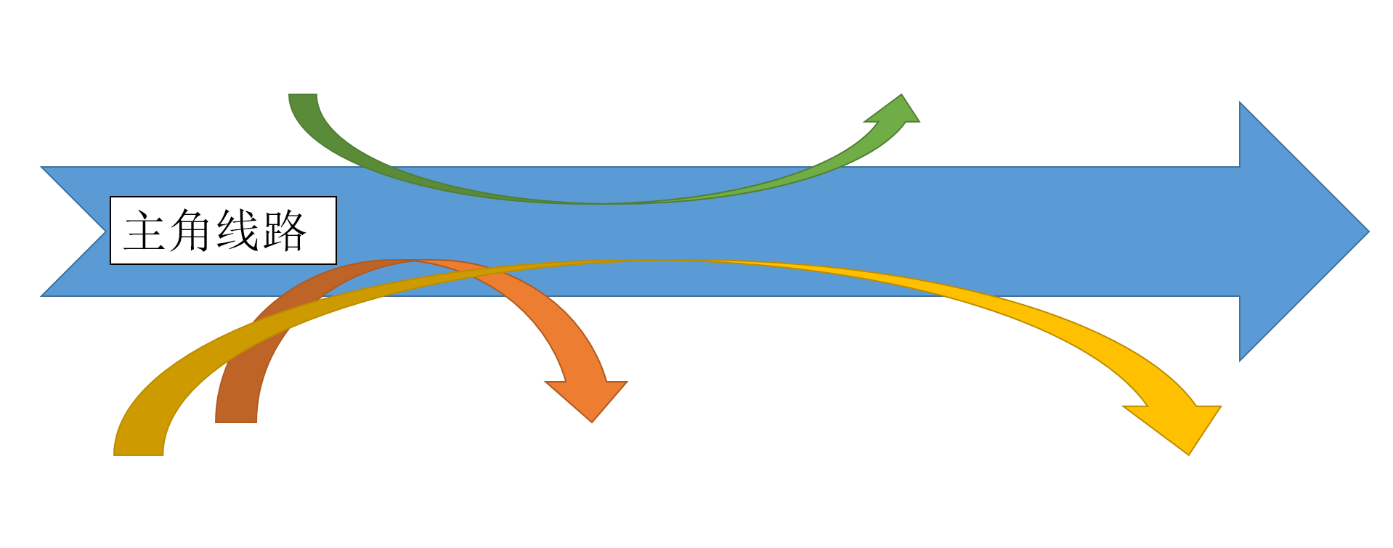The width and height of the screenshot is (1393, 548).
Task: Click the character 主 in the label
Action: tap(145, 231)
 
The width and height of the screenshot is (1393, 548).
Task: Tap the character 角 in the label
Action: tap(191, 231)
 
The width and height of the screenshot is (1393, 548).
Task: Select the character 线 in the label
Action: tap(237, 231)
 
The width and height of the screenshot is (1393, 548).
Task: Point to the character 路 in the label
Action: tap(285, 231)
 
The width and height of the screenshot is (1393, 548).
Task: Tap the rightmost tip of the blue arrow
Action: tap(1368, 232)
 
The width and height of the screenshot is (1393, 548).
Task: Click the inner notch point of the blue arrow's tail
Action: tap(105, 232)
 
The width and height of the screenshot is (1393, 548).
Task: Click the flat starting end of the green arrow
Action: tap(303, 95)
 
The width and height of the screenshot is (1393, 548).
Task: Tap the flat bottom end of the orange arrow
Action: tap(236, 421)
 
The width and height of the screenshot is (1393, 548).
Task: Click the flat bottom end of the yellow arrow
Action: tap(138, 454)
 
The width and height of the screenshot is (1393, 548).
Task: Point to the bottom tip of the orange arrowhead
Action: tap(592, 422)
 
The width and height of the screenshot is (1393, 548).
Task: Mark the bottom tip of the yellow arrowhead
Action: tap(1188, 454)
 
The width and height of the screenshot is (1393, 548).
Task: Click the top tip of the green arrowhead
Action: tap(901, 94)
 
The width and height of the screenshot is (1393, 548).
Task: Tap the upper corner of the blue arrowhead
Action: tap(1240, 102)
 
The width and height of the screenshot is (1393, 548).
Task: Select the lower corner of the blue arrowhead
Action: tap(1240, 360)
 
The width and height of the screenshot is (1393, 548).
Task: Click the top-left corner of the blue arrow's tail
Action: tap(41, 168)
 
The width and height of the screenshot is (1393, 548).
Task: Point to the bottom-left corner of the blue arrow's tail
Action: tap(41, 295)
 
